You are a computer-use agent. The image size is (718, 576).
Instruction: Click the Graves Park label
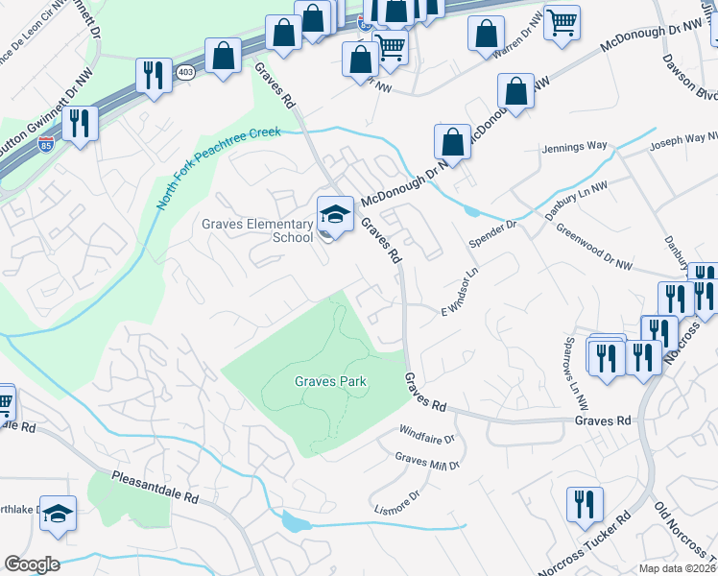coord(330,381)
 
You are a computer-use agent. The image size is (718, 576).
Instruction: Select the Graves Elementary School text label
coord(257,230)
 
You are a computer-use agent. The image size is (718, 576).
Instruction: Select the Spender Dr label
coord(492,234)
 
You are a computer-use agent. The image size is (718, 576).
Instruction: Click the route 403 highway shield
coord(184,71)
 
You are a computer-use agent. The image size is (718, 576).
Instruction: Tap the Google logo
coord(32,564)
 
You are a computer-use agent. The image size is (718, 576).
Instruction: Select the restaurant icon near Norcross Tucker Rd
coord(583,503)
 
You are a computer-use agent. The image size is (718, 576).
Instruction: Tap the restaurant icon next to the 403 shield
coord(153,75)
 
